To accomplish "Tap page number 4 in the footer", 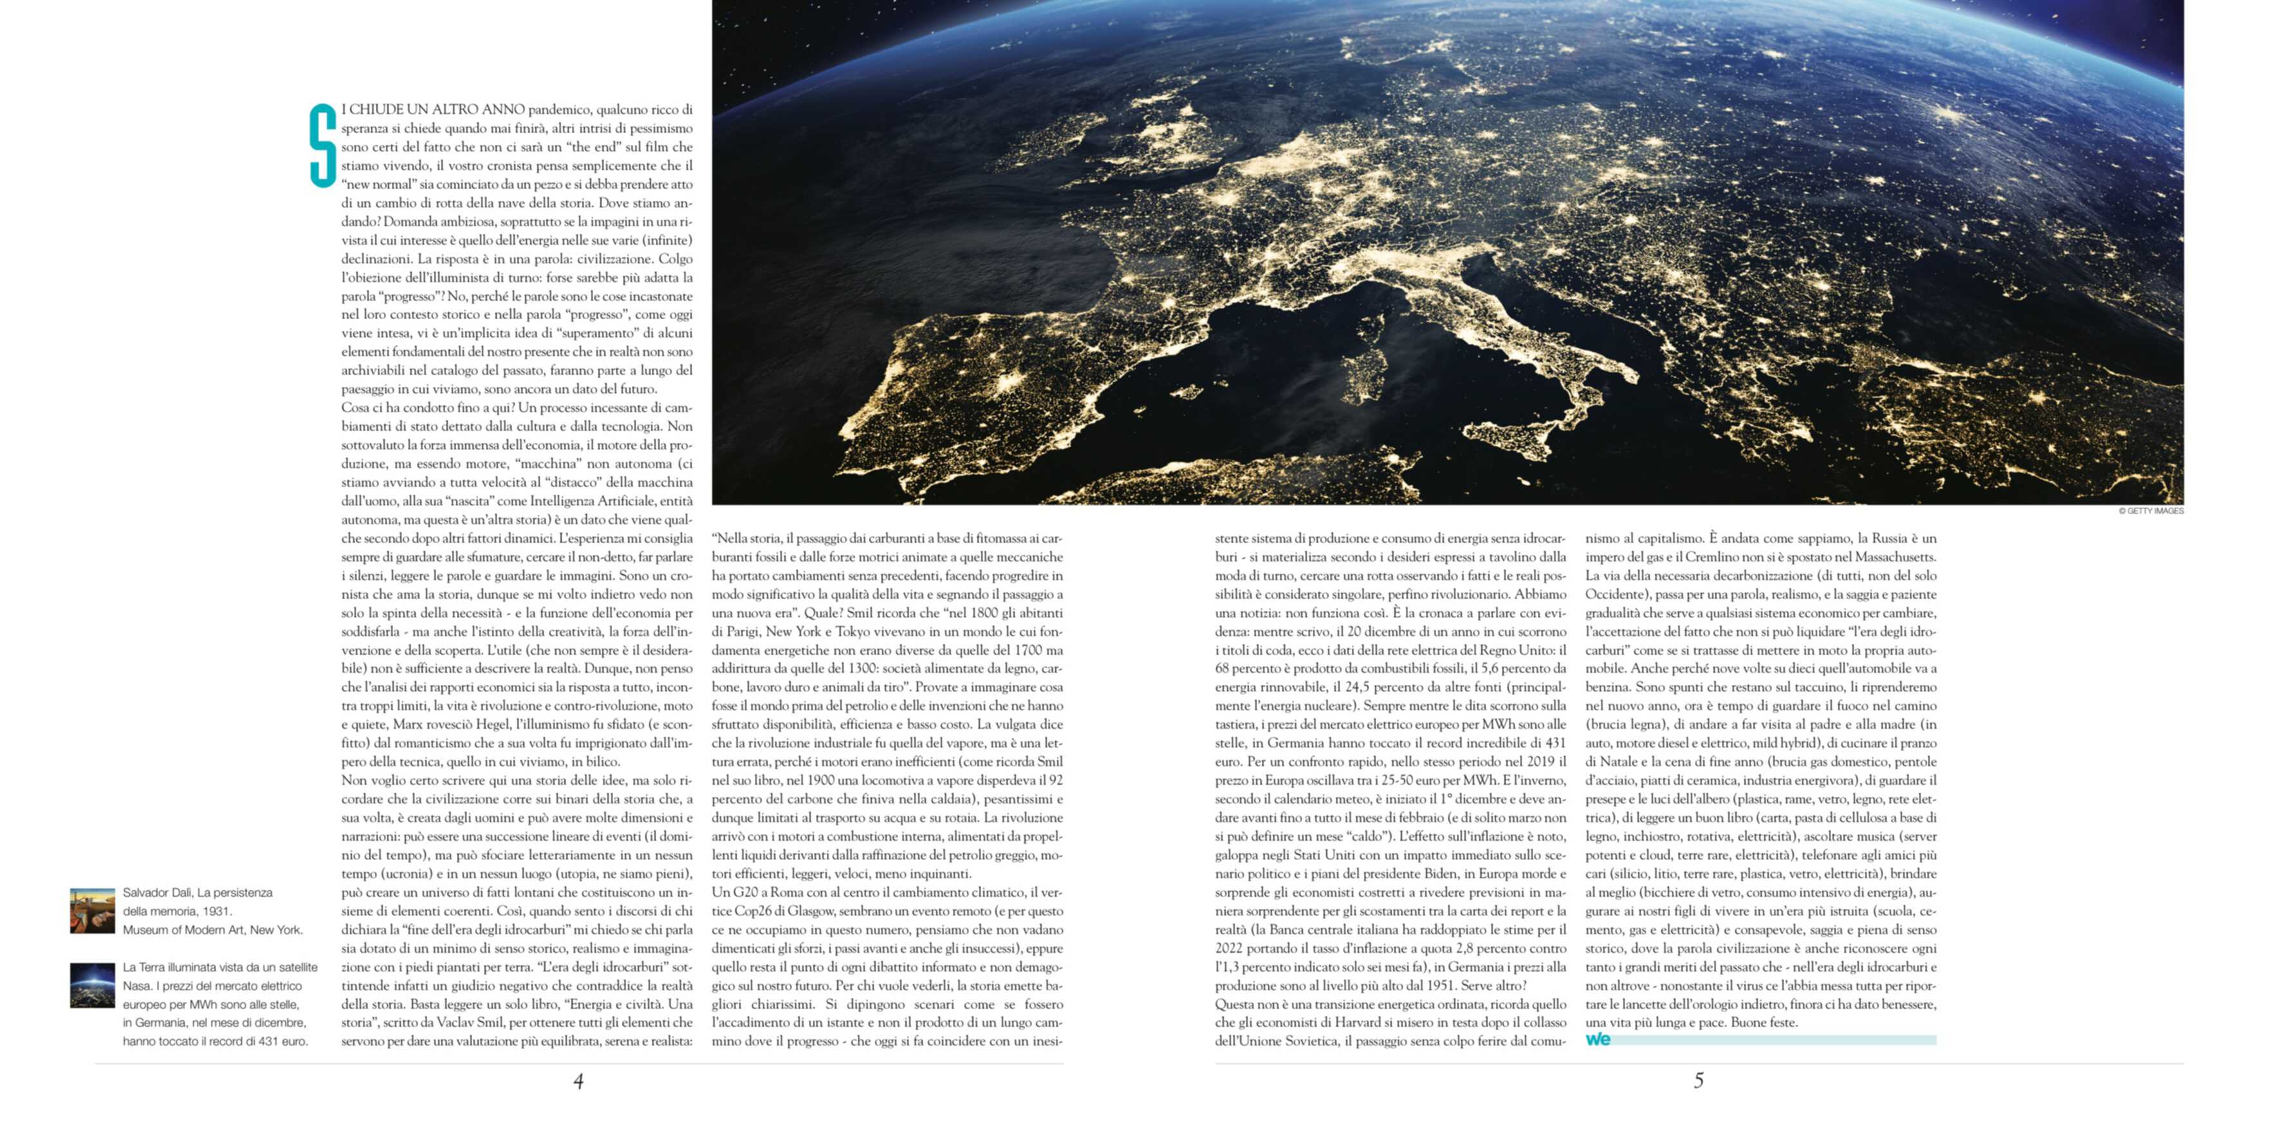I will tap(578, 1081).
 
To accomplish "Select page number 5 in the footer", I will tap(1699, 1080).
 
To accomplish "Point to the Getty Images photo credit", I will tap(2151, 510).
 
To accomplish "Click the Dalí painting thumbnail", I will tap(93, 911).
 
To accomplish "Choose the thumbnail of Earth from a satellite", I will tap(93, 985).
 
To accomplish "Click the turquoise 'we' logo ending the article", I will tap(1598, 1040).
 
